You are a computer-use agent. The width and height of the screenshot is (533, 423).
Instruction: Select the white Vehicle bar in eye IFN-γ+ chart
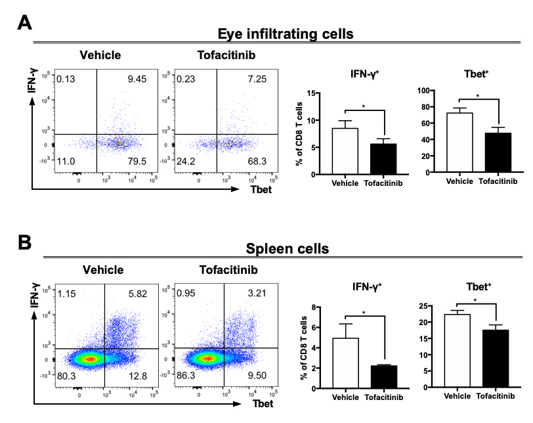click(349, 150)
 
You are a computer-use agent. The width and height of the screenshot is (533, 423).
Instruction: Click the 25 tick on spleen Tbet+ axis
click(433, 306)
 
